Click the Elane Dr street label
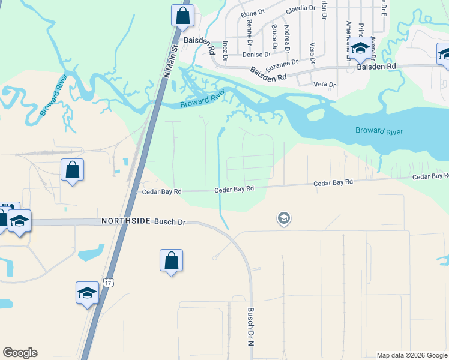252,13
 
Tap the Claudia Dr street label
300,8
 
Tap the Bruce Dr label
274,37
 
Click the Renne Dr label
249,30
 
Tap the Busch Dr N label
251,327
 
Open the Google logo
20,353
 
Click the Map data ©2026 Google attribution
412,355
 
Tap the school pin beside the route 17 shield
87,293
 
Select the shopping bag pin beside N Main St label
182,16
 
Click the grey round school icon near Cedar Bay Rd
284,218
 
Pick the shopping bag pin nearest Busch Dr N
171,260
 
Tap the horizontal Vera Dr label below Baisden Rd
325,85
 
